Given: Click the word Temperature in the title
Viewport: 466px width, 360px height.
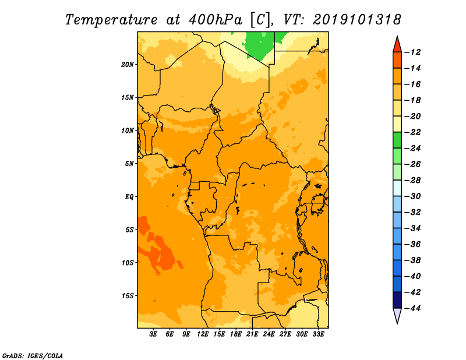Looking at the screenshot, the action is point(111,20).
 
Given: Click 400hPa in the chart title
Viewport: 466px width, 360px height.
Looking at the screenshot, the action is point(211,20).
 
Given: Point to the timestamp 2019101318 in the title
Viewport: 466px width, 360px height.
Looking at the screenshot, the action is point(356,20).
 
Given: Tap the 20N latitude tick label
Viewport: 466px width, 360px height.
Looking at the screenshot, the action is point(128,64).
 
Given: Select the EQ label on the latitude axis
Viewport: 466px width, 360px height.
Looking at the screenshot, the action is point(129,197).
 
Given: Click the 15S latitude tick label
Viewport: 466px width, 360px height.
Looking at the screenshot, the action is point(128,296).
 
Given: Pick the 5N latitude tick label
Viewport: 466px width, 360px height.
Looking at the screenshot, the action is point(129,164).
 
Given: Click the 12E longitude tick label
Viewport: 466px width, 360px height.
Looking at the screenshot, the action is point(202,334).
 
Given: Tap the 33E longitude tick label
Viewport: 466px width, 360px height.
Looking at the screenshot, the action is point(318,334).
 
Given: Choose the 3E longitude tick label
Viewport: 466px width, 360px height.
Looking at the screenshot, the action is point(153,334).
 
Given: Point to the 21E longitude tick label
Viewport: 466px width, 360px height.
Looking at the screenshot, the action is point(252,334).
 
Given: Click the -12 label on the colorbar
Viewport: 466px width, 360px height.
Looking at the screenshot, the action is point(412,52).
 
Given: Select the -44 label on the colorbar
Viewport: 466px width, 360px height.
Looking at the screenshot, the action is point(412,308).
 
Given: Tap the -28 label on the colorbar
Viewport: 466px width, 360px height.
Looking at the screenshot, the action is point(412,181).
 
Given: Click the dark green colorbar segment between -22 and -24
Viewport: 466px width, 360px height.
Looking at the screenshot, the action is point(397,140).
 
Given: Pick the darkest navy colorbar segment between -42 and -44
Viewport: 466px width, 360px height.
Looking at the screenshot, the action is point(397,300).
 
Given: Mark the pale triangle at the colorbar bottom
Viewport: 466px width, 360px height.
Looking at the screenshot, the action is point(397,315).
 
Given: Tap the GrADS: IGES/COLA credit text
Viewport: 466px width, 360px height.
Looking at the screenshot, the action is point(33,356).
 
